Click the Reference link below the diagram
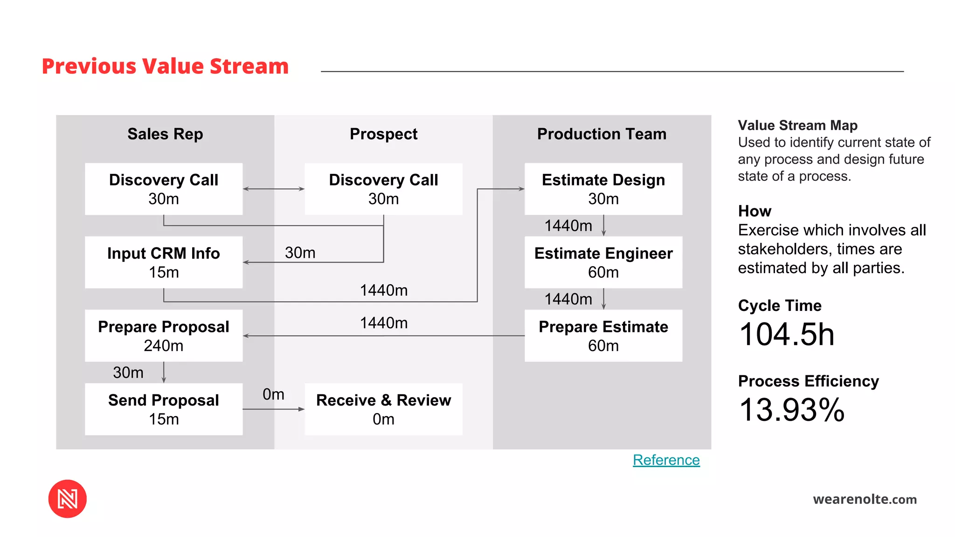[x=666, y=460]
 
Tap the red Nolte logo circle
[x=68, y=499]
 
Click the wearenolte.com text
[x=865, y=499]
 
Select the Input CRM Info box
[x=164, y=262]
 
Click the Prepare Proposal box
[x=164, y=336]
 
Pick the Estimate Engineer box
[x=603, y=262]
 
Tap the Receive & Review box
[x=383, y=409]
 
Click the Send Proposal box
[x=164, y=409]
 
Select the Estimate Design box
[x=603, y=189]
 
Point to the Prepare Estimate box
[x=603, y=336]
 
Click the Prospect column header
[x=383, y=134]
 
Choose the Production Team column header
[x=602, y=134]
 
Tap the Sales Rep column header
[x=165, y=134]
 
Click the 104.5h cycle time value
[x=787, y=335]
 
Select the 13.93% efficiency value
[x=792, y=410]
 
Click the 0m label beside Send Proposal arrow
[x=273, y=394]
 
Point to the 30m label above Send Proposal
[x=128, y=372]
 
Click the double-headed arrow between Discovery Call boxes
[x=274, y=189]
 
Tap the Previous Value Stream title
[x=165, y=66]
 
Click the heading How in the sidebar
[x=754, y=211]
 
